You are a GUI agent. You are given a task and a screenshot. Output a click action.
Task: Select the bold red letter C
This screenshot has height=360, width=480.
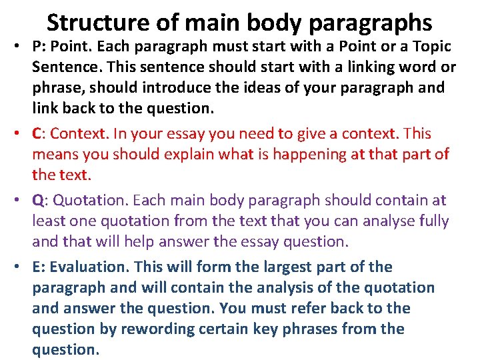click(x=37, y=133)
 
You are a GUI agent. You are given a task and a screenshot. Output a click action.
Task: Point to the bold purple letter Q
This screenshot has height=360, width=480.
click(x=37, y=201)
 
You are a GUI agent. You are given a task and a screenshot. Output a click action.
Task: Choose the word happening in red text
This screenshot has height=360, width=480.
click(x=293, y=154)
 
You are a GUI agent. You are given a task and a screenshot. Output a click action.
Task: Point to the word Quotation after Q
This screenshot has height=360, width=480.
click(x=91, y=200)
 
